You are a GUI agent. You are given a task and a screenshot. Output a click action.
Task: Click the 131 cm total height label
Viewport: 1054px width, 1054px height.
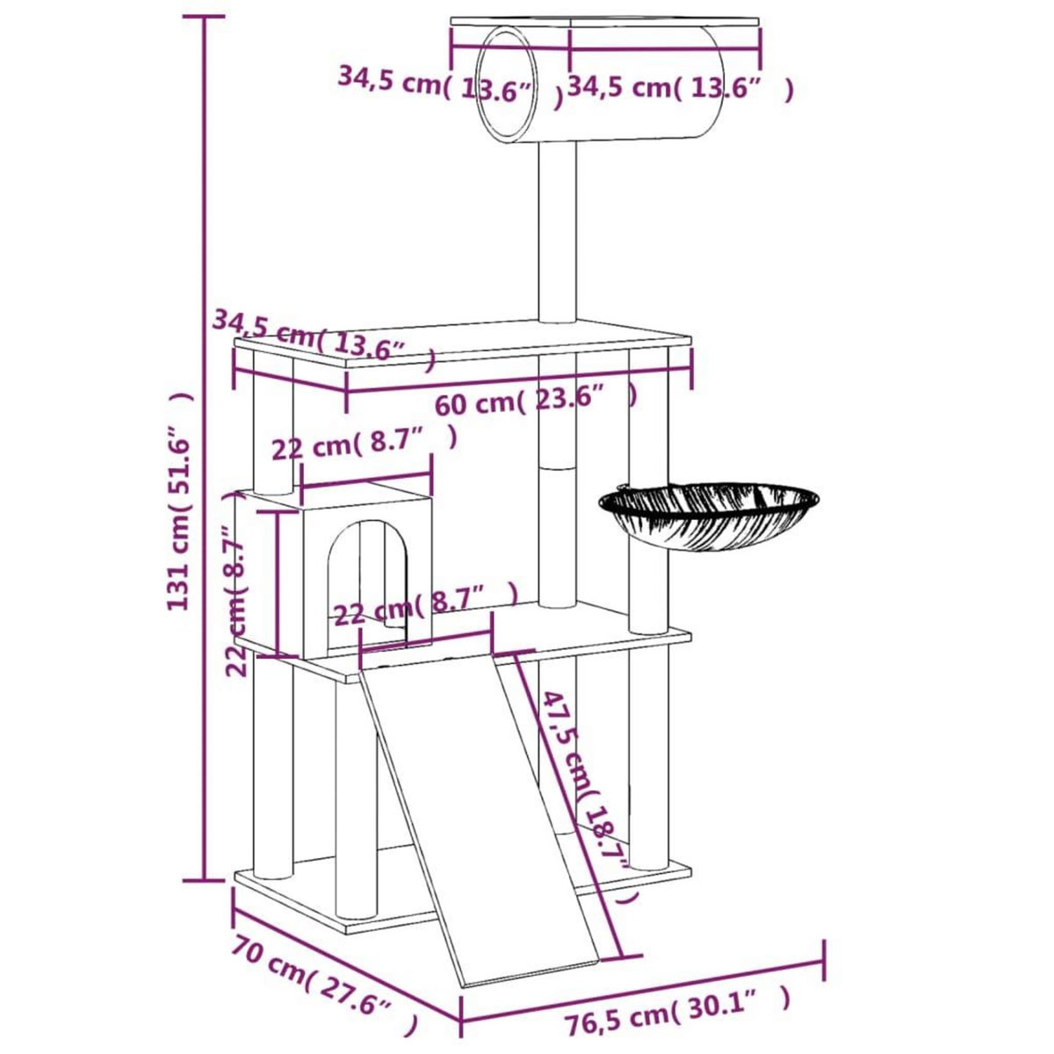point(179,501)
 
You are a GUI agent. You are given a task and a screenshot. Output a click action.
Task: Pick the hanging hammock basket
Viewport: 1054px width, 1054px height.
point(710,513)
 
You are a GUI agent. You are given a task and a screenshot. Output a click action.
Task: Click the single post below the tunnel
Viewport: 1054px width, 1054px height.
point(558,233)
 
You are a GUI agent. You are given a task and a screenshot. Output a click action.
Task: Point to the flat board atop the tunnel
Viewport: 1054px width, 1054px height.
point(606,22)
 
